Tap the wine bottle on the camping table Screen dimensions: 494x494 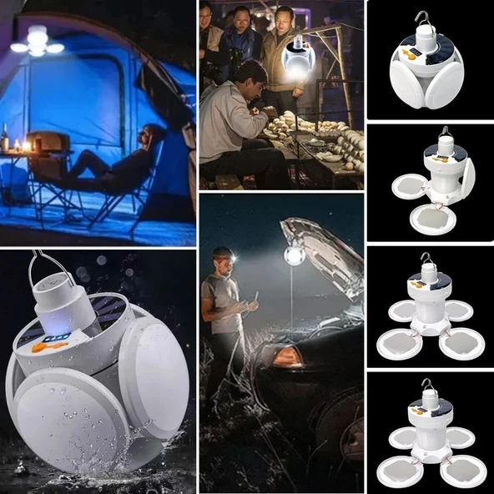[x=5, y=138]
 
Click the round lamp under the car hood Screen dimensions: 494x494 [x=293, y=255]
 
